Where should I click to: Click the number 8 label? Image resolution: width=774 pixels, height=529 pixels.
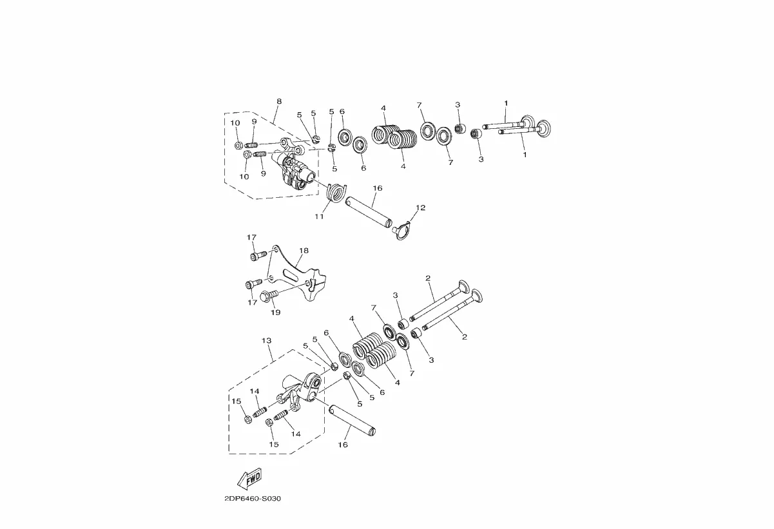coord(279,101)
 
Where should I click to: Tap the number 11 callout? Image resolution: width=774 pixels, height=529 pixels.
coord(319,216)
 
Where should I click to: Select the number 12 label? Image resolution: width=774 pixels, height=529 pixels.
coord(421,207)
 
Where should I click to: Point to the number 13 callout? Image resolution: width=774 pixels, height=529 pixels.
coord(266,341)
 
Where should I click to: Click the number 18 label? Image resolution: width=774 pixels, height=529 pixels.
coord(304,251)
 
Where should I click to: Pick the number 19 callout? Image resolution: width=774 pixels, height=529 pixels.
coord(275,313)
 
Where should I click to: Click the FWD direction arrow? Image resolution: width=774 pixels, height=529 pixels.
coord(249,479)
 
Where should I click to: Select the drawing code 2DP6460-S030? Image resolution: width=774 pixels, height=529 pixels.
coord(253,499)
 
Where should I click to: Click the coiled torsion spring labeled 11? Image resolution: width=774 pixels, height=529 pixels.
coord(336,192)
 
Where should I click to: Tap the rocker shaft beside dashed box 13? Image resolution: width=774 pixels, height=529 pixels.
coord(352,421)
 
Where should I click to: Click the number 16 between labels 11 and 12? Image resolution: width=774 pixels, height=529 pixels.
coord(378,188)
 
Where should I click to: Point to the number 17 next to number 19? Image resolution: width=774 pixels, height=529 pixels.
coord(252,303)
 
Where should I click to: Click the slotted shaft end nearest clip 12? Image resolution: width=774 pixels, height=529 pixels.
coord(389,223)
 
